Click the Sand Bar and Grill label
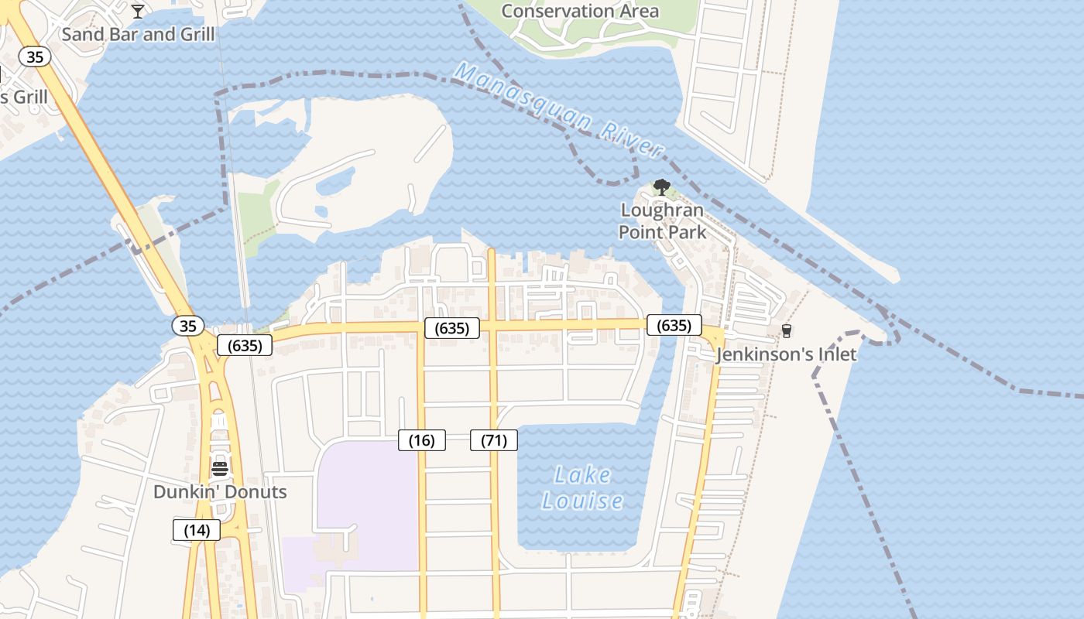tap(138, 34)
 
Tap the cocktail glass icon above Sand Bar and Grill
tap(138, 11)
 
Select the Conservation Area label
tap(580, 11)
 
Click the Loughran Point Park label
tap(662, 221)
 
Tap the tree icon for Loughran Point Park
tap(661, 186)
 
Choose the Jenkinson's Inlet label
tap(786, 354)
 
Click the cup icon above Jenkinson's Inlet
tap(787, 331)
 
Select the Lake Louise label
tap(582, 487)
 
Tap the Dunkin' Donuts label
tap(220, 492)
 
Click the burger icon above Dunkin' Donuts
tap(220, 468)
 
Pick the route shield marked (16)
tap(422, 440)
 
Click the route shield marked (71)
tap(494, 440)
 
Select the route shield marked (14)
tap(197, 530)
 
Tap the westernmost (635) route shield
tap(245, 345)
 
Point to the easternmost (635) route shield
tap(674, 325)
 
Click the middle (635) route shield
tap(452, 328)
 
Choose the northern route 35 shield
tap(35, 56)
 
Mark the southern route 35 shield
tap(188, 326)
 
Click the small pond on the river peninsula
tap(336, 181)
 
